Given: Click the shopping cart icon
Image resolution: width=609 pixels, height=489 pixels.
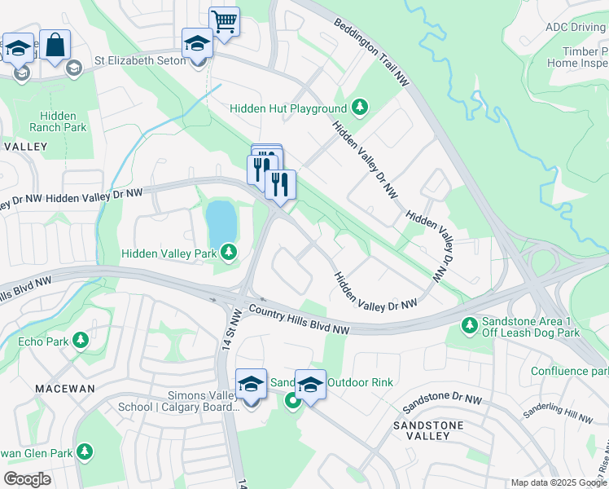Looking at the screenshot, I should [224, 21].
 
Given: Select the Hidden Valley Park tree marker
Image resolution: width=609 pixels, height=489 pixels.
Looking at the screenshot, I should [230, 253].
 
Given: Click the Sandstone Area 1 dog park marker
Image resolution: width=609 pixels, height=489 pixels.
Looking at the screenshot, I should [469, 325].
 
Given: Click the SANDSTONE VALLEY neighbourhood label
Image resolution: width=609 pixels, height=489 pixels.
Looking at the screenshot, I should [428, 430].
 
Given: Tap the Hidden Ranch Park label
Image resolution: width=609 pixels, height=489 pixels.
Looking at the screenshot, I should [58, 122].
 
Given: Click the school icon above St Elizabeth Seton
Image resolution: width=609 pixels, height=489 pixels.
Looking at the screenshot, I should [197, 43].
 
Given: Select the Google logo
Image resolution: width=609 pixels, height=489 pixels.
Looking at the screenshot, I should [27, 479].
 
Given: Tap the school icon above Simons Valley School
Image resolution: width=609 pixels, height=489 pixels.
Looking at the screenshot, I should [251, 384].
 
